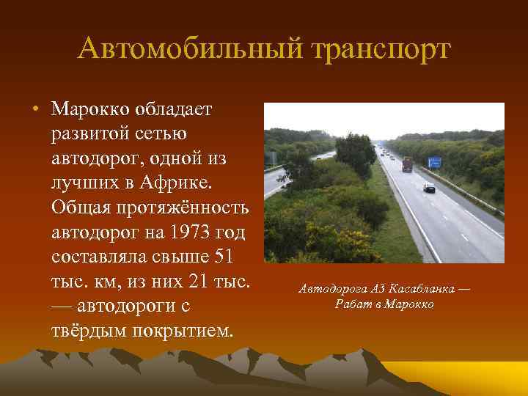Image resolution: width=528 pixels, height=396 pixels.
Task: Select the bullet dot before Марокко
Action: (34, 110)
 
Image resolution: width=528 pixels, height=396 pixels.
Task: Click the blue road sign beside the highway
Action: (434, 162)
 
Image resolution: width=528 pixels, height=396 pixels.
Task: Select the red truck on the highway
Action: (407, 164)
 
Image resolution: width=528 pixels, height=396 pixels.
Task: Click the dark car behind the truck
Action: (429, 188)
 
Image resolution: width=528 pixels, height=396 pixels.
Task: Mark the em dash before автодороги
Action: (66, 305)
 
